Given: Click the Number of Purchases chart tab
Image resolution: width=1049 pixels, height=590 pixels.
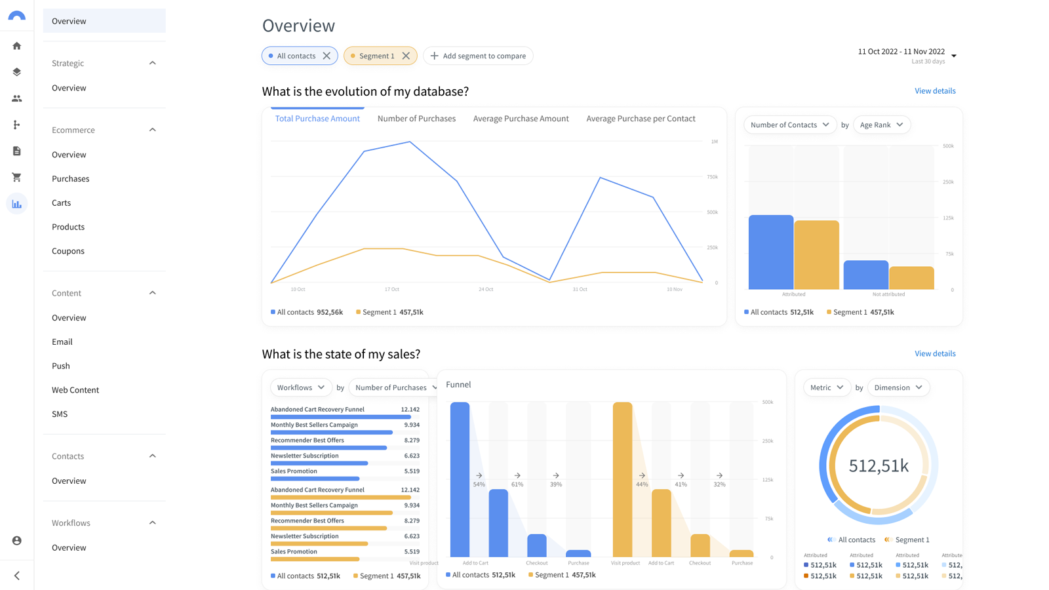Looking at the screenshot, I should [x=416, y=119].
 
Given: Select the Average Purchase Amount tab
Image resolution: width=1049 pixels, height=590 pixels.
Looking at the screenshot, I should [x=521, y=119].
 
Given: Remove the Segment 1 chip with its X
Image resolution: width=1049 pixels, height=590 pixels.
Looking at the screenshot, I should [x=406, y=56].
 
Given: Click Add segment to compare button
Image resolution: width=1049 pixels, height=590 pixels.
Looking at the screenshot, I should [x=478, y=56].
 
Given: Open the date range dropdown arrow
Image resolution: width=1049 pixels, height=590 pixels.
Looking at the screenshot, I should [x=954, y=56].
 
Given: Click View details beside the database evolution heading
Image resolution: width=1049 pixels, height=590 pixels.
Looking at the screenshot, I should [x=935, y=91].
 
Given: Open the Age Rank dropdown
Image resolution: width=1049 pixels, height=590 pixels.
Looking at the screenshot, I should [x=881, y=125].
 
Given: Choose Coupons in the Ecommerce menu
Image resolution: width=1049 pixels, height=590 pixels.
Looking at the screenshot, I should [x=68, y=251].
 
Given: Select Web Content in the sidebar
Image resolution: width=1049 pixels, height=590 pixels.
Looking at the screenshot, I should [x=75, y=390].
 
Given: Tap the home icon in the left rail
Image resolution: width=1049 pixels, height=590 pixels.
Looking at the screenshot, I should [x=17, y=46].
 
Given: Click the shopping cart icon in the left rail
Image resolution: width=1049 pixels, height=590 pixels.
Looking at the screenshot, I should [x=17, y=178].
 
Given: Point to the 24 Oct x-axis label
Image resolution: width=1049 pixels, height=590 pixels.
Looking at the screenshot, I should [x=486, y=289].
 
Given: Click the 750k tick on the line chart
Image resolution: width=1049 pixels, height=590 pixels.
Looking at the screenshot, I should [x=712, y=177].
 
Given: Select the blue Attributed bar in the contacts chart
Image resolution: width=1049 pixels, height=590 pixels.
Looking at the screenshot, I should [x=771, y=252].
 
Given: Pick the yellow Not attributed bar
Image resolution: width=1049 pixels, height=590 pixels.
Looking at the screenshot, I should [x=911, y=278].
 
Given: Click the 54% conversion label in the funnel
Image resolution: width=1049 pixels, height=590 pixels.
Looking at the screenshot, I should [x=479, y=484].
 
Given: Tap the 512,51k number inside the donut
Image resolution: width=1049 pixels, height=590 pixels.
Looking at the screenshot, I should [x=879, y=465].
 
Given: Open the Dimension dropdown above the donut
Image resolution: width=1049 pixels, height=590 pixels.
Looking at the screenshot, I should [x=898, y=387].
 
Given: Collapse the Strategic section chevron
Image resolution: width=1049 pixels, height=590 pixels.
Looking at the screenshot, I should [x=153, y=64].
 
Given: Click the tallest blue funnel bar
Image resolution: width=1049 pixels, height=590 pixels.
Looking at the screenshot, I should [x=460, y=479].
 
